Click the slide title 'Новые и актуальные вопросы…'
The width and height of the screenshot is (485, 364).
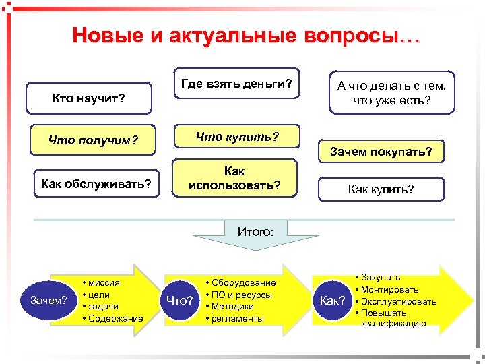point(245,35)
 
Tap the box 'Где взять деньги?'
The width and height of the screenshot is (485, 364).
point(236,84)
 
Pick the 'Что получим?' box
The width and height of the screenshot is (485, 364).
point(93,140)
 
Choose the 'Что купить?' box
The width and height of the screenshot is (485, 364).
point(237,137)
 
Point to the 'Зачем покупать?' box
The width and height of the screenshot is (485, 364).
point(381,152)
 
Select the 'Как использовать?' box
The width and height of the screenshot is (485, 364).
point(235,178)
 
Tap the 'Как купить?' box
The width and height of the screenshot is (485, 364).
point(381,189)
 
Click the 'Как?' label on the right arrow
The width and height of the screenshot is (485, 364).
point(332,300)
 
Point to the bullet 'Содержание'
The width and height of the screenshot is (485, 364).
point(115,318)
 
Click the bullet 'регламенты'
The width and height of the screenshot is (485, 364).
point(238,318)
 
